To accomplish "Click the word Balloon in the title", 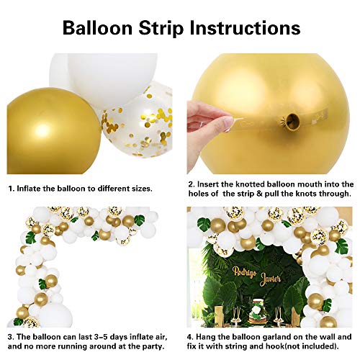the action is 97,28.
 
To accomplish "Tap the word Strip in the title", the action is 161,28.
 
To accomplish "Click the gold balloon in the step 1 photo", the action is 53,131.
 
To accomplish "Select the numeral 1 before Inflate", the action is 11,189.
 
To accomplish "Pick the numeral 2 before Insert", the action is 191,184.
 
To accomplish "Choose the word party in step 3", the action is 153,346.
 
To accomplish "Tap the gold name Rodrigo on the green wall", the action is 245,272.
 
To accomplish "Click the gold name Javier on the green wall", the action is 270,279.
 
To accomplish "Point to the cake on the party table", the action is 258,311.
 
